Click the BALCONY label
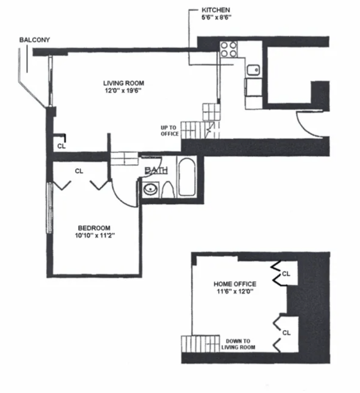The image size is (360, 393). coord(34,40)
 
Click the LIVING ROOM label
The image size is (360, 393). coord(124,83)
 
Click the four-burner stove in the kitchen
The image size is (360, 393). coord(229,49)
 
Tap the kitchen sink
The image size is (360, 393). coord(253,70)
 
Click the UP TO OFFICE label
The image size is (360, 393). coord(170,131)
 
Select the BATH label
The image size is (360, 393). coord(156,170)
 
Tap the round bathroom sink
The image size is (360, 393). coord(149,189)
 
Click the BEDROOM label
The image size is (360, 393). coord(94,228)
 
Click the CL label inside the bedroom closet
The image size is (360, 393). coord(79,171)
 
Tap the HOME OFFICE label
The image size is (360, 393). coord(234,284)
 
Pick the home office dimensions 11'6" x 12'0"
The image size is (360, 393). coord(234,292)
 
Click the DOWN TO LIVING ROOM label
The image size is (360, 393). coord(238,344)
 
